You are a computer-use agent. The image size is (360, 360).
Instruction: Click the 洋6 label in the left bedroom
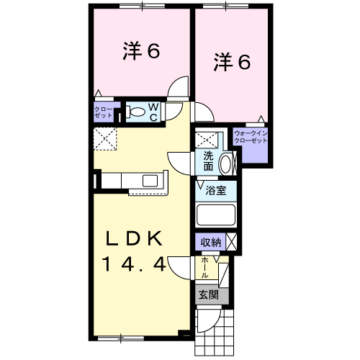pos(140,52)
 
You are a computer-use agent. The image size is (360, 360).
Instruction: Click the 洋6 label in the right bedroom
pos(232,63)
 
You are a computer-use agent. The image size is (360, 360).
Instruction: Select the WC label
pos(154,111)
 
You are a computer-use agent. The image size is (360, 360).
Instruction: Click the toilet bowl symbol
pos(136,112)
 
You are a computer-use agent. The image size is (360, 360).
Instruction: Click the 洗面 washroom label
pos(208,161)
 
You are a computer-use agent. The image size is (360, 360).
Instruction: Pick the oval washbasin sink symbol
pos(225,163)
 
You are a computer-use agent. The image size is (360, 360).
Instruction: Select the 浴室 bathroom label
pos(215,192)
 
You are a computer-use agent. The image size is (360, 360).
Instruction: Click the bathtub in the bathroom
pos(216,215)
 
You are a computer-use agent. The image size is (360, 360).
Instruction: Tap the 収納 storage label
pos(210,242)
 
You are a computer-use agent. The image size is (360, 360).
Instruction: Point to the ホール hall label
pos(205,268)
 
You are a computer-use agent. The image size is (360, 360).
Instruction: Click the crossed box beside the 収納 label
pos(232,242)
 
